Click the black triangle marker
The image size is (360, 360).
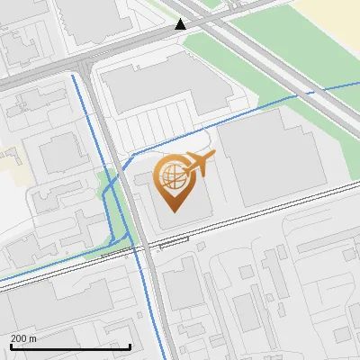point(181,24)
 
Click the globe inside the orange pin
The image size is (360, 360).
point(172,179)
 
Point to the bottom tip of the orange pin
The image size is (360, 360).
point(172,211)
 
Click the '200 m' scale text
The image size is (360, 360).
point(23,338)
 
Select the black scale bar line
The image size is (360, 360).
point(70,346)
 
